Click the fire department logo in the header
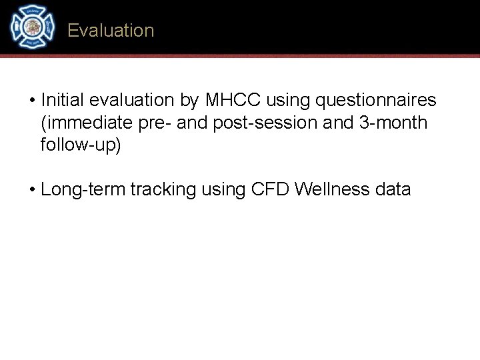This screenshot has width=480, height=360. [31, 26]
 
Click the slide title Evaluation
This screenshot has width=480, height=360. [111, 31]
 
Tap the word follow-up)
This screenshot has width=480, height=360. [81, 145]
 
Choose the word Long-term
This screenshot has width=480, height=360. [83, 190]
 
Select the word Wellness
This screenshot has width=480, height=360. [331, 190]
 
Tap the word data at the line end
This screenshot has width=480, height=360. [393, 190]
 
